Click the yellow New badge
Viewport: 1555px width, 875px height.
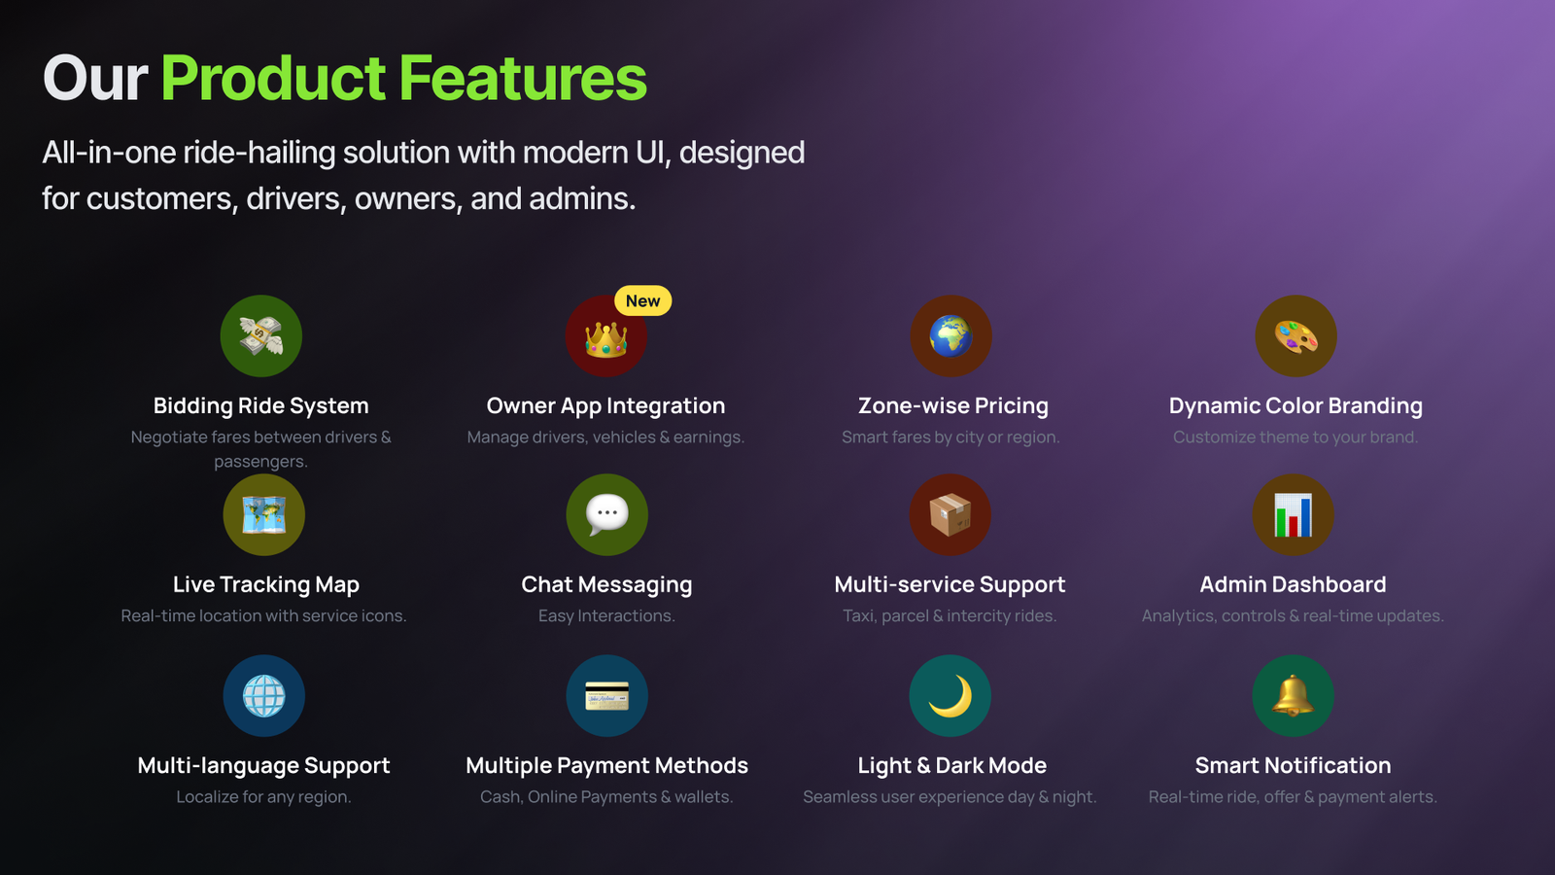(642, 300)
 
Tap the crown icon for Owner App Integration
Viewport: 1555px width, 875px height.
(606, 339)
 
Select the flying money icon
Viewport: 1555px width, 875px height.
(261, 335)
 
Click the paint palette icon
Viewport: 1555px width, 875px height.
(1296, 336)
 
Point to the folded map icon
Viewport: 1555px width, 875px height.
(263, 514)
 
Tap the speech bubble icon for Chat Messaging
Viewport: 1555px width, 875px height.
(606, 514)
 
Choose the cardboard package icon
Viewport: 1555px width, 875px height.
(950, 514)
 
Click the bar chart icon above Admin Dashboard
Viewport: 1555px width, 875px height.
(1293, 514)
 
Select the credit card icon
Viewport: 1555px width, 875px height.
(606, 696)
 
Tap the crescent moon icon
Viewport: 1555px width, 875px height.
(951, 696)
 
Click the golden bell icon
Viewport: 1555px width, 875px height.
(1293, 695)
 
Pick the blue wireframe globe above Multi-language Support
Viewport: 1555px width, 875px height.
(263, 696)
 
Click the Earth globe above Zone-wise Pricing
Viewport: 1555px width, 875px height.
(950, 336)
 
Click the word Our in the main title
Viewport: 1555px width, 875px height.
(95, 78)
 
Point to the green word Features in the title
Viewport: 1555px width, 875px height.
(523, 78)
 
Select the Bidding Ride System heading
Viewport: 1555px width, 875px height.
(261, 405)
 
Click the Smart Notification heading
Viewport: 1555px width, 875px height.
(1293, 765)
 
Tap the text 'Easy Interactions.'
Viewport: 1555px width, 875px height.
(606, 616)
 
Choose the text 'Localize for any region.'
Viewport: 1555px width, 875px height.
(263, 796)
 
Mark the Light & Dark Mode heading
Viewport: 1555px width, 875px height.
(951, 765)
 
